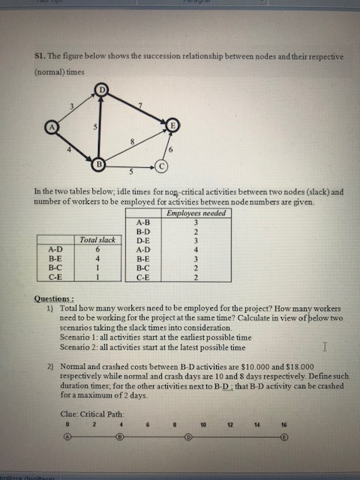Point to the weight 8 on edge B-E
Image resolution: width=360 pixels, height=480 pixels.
(x=132, y=141)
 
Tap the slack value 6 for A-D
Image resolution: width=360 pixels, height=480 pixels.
(x=97, y=249)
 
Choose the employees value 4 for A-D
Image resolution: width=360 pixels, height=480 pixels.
(x=195, y=249)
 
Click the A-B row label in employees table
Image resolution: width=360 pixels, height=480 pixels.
(x=142, y=222)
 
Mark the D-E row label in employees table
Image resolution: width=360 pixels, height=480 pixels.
(x=142, y=240)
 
